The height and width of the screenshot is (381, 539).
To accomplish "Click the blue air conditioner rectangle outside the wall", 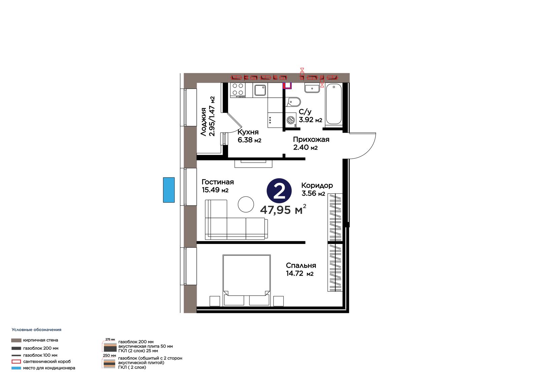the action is click(x=169, y=190).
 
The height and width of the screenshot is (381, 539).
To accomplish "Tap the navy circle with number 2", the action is click(x=279, y=191).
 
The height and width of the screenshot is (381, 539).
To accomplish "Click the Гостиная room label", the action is click(x=218, y=182).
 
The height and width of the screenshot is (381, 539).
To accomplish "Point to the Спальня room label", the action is click(x=301, y=265).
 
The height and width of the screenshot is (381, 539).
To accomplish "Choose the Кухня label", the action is click(x=248, y=132).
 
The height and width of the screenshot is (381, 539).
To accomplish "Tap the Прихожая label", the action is click(x=311, y=139).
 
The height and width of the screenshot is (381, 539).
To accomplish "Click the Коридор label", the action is click(x=317, y=185).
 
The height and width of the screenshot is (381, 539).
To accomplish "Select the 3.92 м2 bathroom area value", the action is click(x=310, y=120).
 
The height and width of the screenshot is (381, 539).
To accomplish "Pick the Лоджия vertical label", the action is click(x=203, y=122).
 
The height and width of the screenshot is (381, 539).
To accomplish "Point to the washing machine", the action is click(x=291, y=120).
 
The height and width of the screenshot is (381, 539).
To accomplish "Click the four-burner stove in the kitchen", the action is click(x=238, y=90).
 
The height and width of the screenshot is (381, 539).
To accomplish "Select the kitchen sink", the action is click(x=260, y=90).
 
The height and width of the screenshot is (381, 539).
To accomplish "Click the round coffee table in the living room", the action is click(x=246, y=204).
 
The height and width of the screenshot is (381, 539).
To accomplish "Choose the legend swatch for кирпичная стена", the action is click(x=16, y=340).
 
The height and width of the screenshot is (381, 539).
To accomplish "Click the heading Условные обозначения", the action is click(x=37, y=330).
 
